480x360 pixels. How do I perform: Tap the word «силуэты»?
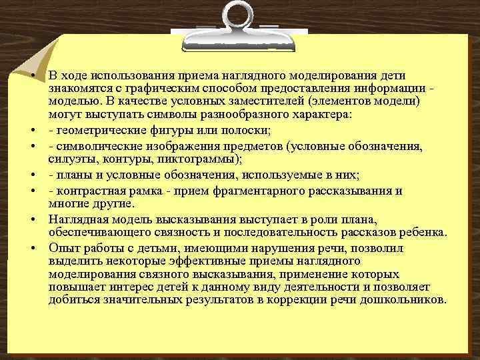[x=70, y=159]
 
